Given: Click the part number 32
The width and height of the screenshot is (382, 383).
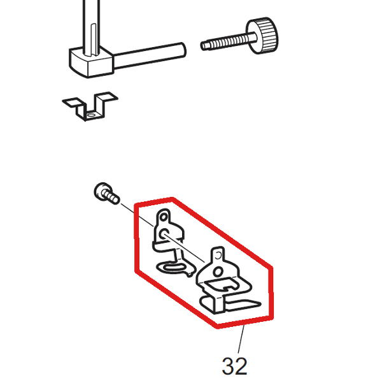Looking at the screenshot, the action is point(234,366).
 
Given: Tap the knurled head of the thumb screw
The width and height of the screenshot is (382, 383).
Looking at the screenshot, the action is point(263,36).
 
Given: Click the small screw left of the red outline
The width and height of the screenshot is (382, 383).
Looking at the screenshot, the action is point(107,193).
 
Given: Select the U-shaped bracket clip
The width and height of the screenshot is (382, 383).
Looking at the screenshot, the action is point(90,106).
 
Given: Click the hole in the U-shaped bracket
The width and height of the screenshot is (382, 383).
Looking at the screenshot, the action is point(91,115).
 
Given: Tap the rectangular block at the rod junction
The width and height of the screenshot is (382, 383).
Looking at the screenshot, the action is point(91,63).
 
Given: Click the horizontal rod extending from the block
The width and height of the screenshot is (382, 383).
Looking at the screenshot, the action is point(150,55).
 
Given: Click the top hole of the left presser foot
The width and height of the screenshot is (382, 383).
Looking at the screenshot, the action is point(163,217).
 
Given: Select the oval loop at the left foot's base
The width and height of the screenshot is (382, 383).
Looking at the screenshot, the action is point(174,267).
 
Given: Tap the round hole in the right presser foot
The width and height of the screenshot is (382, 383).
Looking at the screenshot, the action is point(218,271).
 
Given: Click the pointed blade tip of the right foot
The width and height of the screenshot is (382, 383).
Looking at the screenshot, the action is point(260,304).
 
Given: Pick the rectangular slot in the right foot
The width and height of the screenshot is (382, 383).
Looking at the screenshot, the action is point(221,284).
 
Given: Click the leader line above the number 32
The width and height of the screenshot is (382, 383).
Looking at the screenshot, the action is point(241,339).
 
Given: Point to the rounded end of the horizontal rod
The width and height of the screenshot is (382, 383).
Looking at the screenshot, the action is point(183,50).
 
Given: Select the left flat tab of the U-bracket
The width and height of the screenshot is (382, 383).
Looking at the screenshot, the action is point(74,102).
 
